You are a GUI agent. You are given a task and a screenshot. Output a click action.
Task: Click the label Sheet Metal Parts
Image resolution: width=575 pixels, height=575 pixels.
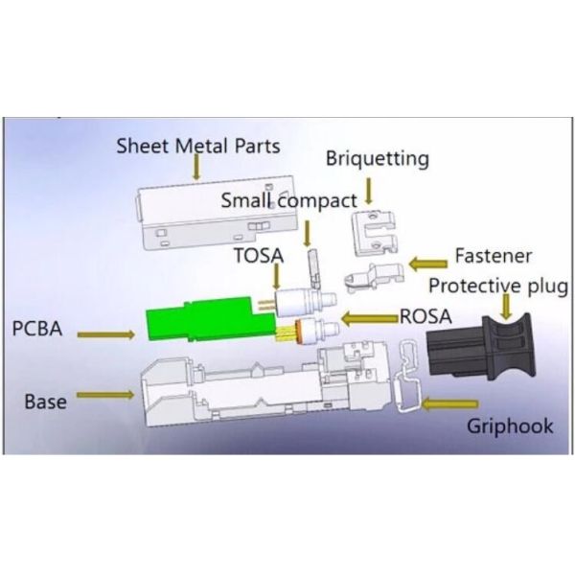pos(197,147)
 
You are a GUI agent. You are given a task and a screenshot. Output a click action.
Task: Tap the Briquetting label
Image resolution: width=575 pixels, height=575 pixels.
pos(377,158)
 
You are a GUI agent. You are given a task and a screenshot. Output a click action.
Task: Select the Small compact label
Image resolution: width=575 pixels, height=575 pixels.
pos(288,200)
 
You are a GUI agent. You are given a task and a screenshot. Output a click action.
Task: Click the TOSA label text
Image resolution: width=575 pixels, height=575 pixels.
pos(258,256)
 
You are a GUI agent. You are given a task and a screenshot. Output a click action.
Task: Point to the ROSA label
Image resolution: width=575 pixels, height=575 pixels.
pos(424,314)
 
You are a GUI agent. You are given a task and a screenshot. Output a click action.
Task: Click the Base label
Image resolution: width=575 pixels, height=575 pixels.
pos(45,401)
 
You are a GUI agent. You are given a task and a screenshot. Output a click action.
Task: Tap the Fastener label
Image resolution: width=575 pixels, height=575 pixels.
pos(493,257)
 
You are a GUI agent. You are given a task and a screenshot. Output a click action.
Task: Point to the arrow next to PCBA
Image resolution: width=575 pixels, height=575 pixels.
pos(106,334)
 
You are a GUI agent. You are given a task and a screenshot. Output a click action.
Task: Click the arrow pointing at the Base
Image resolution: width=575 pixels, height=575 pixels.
pos(105,395)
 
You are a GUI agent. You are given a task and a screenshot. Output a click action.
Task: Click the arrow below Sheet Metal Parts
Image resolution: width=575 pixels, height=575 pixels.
pos(195,169)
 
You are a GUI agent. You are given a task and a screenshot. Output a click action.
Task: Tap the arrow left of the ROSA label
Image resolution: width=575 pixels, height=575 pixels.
pos(369,317)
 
